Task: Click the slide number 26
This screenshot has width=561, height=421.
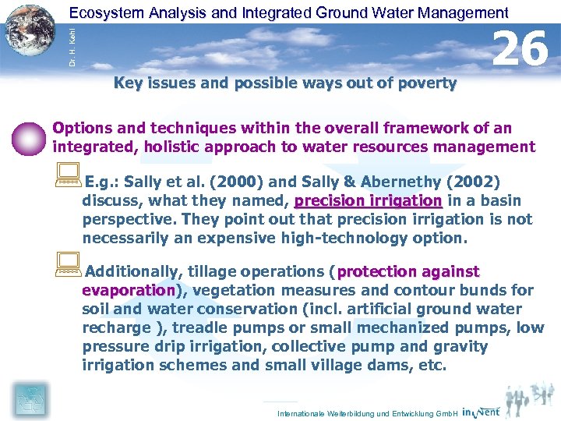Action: pyautogui.click(x=521, y=49)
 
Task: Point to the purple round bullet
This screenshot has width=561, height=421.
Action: pyautogui.click(x=30, y=138)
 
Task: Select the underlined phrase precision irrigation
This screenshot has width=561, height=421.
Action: pyautogui.click(x=368, y=201)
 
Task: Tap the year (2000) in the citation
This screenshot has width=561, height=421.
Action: pyautogui.click(x=231, y=182)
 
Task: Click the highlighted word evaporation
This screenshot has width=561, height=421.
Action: pyautogui.click(x=129, y=290)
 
